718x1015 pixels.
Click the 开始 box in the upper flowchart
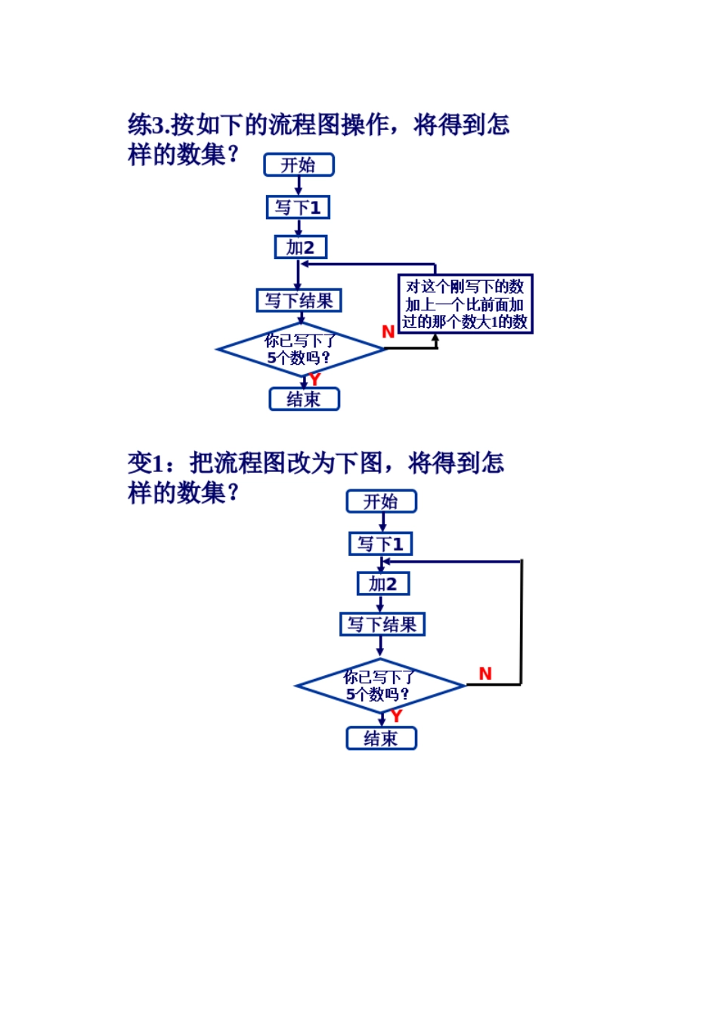coord(299,165)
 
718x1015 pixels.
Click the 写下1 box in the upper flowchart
coord(298,207)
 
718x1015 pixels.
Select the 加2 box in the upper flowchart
coord(300,247)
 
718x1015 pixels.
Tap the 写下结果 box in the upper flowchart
coord(299,301)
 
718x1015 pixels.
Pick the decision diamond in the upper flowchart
coord(300,349)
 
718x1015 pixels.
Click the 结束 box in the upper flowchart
coord(304,399)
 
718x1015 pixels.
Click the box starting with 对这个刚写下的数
coord(465,304)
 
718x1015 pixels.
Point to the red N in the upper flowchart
coord(388,332)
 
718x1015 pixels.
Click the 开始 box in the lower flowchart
coord(381,501)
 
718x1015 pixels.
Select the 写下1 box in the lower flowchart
coord(380,544)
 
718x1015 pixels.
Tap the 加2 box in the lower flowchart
coord(382,584)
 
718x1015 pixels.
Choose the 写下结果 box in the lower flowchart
coord(382,625)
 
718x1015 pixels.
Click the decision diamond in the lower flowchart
coord(379,686)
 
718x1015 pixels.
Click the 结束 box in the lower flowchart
coord(381,738)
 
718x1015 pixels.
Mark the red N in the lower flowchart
coord(485,674)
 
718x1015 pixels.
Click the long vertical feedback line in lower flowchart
coord(521,623)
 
